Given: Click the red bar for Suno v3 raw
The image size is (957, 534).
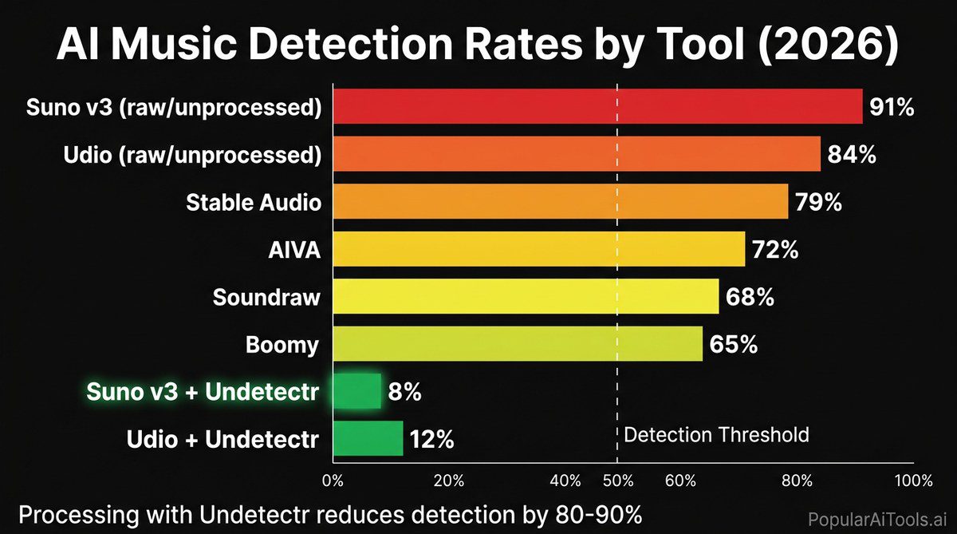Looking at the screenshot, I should (597, 106).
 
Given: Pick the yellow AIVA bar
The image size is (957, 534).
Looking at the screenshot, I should (538, 249).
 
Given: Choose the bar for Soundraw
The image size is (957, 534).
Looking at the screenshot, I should (526, 297).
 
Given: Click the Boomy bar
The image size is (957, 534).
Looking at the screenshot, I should (518, 344).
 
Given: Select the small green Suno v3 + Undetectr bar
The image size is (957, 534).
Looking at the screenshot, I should (357, 391).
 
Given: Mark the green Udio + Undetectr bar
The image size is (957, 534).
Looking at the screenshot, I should (368, 438).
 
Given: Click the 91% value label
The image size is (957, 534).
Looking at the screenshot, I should (892, 107).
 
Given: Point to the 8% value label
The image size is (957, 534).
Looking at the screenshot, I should (404, 392).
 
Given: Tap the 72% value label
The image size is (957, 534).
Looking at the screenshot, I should (774, 250).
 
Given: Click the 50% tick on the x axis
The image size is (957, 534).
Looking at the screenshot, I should (617, 481).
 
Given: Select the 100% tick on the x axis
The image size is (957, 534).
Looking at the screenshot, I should (913, 481).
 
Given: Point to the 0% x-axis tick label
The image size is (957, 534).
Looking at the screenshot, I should (333, 481).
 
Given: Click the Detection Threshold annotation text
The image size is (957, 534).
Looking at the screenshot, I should (715, 435).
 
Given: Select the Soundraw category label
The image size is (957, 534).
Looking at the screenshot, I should (266, 298).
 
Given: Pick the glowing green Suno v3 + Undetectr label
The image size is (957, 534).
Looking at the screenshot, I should (203, 392).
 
